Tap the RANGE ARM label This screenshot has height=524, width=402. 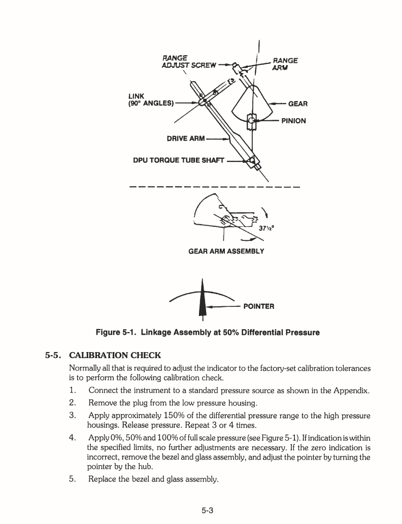[x=285, y=63]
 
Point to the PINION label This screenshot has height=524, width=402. [x=293, y=121]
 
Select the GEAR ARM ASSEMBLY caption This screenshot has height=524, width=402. [x=226, y=251]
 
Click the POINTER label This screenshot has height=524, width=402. [x=259, y=306]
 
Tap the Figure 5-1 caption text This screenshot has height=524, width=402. [x=208, y=333]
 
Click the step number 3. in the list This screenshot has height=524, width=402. [x=73, y=415]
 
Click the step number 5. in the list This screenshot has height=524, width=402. [x=73, y=478]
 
